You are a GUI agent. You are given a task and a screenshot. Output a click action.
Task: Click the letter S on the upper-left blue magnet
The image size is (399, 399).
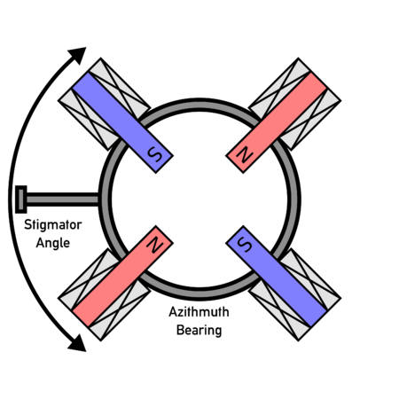(x=155, y=154)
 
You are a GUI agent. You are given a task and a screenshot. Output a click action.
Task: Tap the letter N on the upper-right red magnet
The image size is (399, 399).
(x=244, y=154)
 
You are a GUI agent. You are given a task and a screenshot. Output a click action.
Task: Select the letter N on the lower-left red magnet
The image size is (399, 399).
(x=155, y=244)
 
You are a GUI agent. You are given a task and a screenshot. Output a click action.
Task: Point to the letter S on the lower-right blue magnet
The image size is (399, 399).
(x=245, y=245)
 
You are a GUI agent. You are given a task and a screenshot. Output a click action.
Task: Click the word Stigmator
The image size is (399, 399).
(x=53, y=225)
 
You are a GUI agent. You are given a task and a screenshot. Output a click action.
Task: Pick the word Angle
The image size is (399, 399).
(x=53, y=243)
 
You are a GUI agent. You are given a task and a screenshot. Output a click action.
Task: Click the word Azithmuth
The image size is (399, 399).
(x=199, y=312)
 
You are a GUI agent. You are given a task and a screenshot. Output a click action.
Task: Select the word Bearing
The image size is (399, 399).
(x=199, y=330)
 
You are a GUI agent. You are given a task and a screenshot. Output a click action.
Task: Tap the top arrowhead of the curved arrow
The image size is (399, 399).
(x=78, y=55)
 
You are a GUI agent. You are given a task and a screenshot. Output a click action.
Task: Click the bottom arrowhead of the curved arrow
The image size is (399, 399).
(x=78, y=344)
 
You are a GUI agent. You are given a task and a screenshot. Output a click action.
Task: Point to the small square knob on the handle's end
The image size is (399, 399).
(x=21, y=199)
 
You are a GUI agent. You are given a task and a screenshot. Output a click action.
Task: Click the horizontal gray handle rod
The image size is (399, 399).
(x=62, y=199)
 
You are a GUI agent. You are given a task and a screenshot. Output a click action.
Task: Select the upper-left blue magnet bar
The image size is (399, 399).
(x=122, y=122)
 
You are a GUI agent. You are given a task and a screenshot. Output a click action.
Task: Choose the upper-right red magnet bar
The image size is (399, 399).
(x=277, y=122)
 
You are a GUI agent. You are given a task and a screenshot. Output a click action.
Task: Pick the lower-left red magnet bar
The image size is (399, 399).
(x=122, y=277)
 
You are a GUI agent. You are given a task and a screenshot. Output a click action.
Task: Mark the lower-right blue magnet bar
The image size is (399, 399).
(x=277, y=277)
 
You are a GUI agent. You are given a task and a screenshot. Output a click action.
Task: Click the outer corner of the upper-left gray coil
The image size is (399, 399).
(x=100, y=59)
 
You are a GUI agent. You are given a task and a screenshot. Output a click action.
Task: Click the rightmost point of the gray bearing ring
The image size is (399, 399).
(x=301, y=199)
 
